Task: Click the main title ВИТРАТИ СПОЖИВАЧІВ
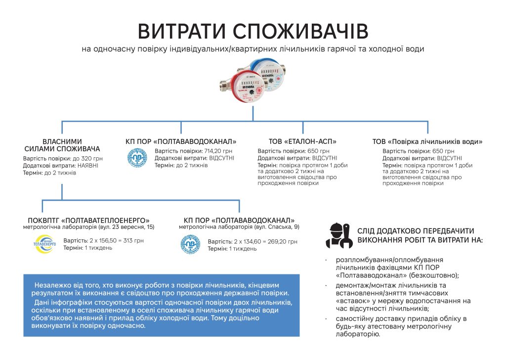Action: click(253, 31)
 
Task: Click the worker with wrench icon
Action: click(339, 236)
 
